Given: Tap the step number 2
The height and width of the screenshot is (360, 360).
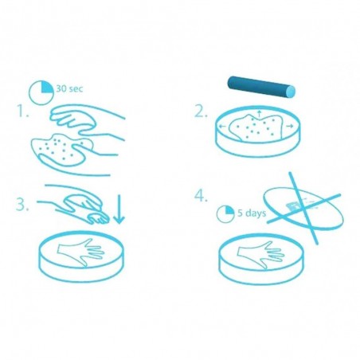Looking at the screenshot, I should [198, 112].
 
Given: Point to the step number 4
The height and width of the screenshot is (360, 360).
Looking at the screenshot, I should [199, 196].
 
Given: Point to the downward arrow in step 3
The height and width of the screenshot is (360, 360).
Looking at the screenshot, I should [119, 209].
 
